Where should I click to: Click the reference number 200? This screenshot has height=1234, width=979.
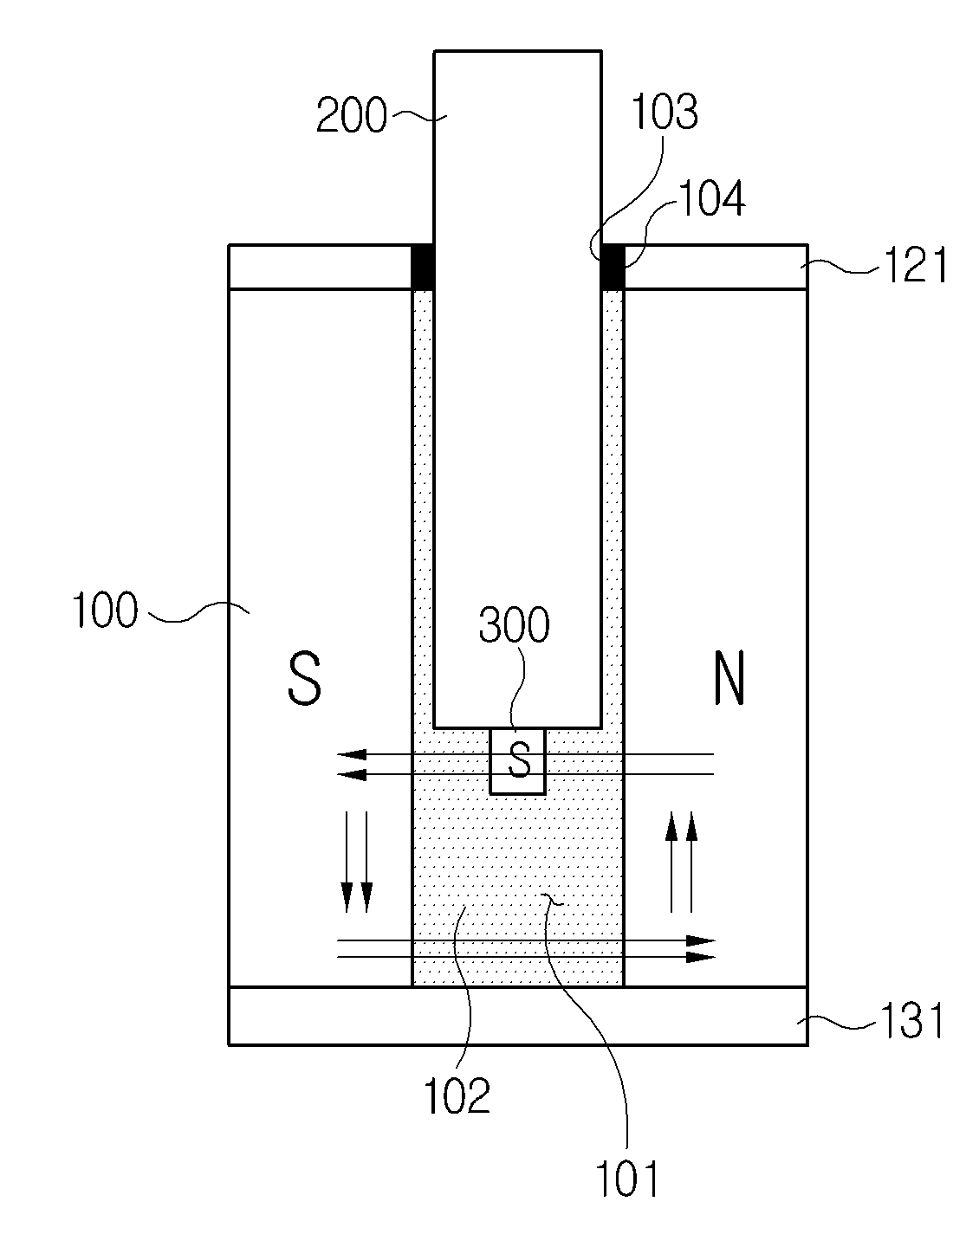point(351,115)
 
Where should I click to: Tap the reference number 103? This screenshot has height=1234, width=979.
point(665,111)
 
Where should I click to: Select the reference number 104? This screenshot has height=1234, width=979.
point(711,197)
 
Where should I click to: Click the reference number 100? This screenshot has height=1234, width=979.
point(105,611)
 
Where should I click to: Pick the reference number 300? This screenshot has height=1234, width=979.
point(514,625)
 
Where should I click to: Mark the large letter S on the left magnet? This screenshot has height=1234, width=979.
point(303,679)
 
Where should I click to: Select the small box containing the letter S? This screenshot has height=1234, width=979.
point(517,761)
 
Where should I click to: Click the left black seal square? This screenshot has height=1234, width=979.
point(423,267)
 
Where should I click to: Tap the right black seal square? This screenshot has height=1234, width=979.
point(613,267)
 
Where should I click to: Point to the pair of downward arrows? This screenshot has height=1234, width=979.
point(356,862)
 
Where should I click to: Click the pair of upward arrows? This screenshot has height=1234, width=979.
point(681,862)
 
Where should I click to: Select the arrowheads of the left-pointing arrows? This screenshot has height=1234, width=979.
point(351,765)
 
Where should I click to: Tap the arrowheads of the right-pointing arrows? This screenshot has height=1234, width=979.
point(701,948)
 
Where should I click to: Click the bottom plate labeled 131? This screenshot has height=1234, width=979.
point(518,1016)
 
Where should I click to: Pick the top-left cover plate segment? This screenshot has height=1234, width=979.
point(321,267)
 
